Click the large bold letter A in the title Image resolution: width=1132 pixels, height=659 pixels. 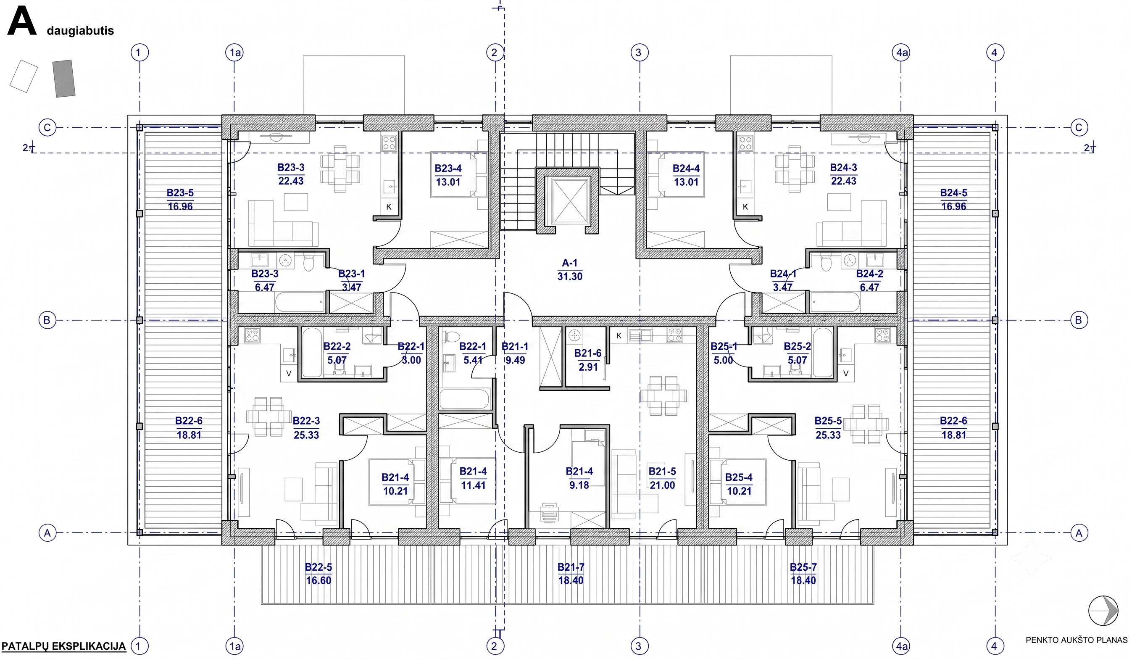(x=22, y=22)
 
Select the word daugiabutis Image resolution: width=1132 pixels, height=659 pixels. (x=80, y=31)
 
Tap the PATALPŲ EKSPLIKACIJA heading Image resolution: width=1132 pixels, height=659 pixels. (x=64, y=646)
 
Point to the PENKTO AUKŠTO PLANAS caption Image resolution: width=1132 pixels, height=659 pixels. (x=1076, y=640)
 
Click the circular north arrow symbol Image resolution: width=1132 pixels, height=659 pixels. (x=1103, y=611)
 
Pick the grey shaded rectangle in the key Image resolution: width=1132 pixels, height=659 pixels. (x=64, y=79)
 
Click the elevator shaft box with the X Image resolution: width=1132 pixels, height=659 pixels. (x=571, y=200)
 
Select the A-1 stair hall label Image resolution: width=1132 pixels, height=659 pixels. (x=570, y=263)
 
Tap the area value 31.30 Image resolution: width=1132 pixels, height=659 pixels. (x=570, y=276)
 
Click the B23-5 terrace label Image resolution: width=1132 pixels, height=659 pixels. (x=180, y=193)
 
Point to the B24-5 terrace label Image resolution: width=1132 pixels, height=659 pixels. (x=954, y=193)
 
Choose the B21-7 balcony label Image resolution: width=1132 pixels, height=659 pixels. (x=571, y=567)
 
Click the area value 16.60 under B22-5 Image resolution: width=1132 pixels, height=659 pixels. (x=319, y=580)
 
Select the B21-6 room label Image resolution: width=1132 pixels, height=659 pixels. (x=587, y=353)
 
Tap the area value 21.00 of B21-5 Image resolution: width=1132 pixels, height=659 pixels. (x=662, y=485)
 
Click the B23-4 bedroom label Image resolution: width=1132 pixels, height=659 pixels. (x=448, y=169)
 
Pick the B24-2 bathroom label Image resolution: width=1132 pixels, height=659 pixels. (x=870, y=274)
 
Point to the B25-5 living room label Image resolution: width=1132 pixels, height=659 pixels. (x=828, y=421)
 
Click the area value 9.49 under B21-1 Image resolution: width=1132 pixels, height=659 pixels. (x=515, y=360)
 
